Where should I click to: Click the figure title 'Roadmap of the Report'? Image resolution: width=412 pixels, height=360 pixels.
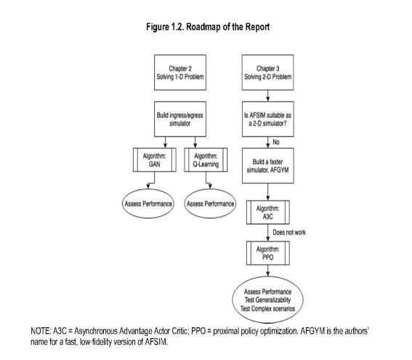pos(228,27)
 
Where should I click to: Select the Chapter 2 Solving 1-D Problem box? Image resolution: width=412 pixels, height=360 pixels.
pos(180,72)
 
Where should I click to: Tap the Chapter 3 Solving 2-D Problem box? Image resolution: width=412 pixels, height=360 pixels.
pos(267,72)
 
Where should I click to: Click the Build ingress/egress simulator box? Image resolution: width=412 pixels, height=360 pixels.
pos(180,119)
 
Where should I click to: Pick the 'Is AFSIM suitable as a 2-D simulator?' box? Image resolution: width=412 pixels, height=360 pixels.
pos(267,119)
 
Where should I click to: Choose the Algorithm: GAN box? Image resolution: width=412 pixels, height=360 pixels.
pos(155,160)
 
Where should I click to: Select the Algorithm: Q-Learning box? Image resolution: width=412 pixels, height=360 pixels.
pos(206,160)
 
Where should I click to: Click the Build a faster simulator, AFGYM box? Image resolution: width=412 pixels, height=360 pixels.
pos(267,166)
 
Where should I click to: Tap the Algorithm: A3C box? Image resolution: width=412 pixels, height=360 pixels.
pos(267,212)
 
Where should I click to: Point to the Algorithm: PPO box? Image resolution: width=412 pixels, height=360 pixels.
pos(267,253)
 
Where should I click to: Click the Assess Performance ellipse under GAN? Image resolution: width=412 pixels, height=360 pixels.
pos(148,204)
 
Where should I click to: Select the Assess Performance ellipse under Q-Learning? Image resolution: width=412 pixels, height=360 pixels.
pos(210,204)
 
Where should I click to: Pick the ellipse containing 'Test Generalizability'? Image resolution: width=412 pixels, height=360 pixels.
pos(267,300)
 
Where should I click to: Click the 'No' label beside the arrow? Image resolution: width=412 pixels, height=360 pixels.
pos(276,142)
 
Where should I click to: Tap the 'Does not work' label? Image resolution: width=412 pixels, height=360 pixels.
pos(289,233)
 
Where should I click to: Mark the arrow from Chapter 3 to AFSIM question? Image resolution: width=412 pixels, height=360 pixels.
pos(267,96)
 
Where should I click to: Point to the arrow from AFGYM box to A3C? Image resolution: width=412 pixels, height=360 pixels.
pos(267,192)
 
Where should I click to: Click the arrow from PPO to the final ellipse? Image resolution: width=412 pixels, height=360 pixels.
pos(267,271)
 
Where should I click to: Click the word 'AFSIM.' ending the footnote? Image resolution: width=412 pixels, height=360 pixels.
pos(156,342)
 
